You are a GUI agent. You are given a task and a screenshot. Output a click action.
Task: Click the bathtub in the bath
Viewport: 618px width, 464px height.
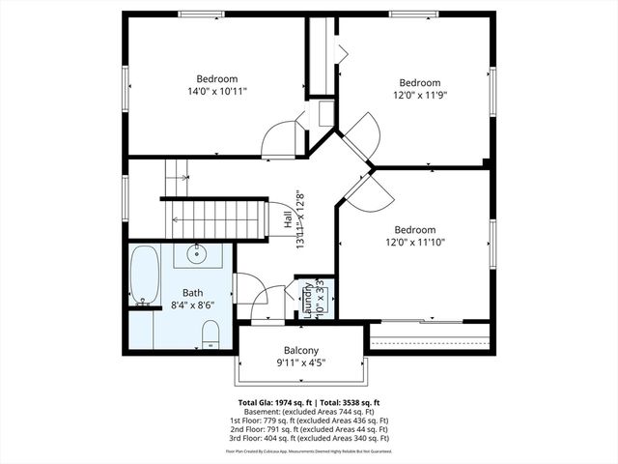pos(145,275)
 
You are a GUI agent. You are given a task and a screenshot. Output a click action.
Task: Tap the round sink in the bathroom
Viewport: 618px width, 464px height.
pos(197,255)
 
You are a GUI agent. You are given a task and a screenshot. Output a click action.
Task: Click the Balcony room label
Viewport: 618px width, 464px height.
pos(301,350)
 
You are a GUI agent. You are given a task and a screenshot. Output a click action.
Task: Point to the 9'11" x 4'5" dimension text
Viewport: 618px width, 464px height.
pos(301,363)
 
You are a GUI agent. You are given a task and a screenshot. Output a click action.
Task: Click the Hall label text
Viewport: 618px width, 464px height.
pos(288,220)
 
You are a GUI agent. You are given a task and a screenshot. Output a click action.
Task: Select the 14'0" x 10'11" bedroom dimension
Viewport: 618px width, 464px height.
pos(217,91)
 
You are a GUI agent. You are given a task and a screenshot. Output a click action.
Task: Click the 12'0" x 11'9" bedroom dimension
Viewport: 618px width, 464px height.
pos(420,96)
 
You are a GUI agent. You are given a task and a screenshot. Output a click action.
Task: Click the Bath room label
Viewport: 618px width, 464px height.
pos(193,292)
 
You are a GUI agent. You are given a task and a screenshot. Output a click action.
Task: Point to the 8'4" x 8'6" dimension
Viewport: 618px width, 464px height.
pos(193,304)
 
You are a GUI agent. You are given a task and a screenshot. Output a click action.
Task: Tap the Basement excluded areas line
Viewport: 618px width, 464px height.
pos(309,411)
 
